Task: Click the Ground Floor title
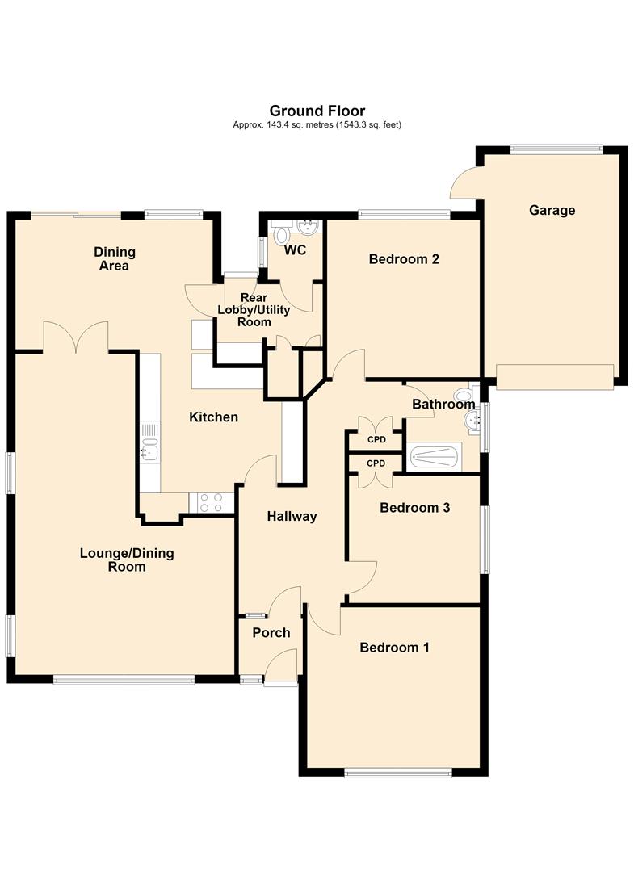(x=317, y=111)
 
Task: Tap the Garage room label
(x=552, y=210)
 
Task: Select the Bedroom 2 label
(x=404, y=258)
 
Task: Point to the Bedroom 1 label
(x=394, y=648)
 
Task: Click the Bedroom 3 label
(x=414, y=507)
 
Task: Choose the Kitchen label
(x=213, y=417)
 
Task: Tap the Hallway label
(x=292, y=517)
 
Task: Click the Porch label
(x=271, y=632)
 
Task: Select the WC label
(x=296, y=250)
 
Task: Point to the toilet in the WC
(x=281, y=234)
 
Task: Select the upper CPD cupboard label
(x=376, y=440)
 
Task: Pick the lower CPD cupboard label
(x=376, y=463)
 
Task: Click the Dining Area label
(x=115, y=259)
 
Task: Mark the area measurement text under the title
(x=317, y=125)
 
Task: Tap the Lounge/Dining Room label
(x=127, y=560)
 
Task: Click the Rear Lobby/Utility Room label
(x=254, y=310)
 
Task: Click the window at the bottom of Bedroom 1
(x=398, y=772)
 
